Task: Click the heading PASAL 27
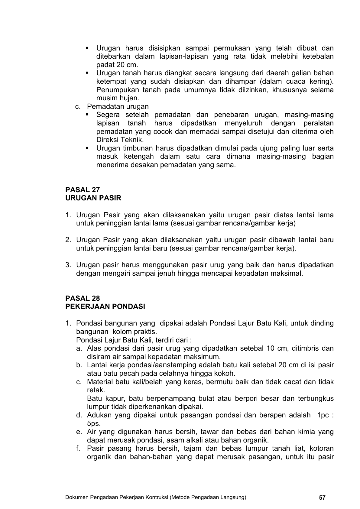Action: pos(83,190)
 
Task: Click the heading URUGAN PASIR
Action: pos(93,198)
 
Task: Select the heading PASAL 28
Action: pos(83,298)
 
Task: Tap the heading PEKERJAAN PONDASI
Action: pos(105,306)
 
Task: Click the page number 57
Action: pos(322,498)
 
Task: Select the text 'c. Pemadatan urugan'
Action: pos(112,106)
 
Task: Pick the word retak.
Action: pos(96,390)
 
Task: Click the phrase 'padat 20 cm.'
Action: pos(117,65)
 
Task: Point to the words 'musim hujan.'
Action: pos(118,98)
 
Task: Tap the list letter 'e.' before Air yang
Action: pos(79,432)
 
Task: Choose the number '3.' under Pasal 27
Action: pos(69,265)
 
